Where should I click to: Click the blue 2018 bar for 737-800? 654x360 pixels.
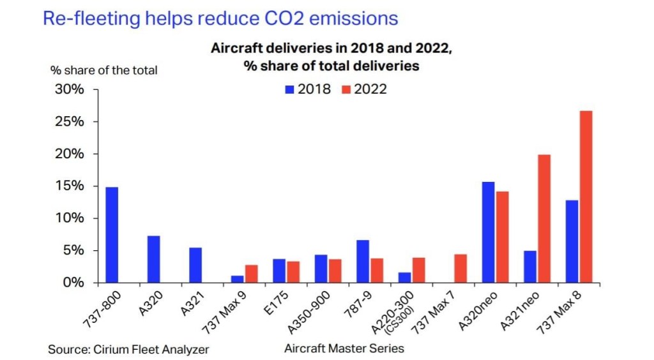[x=112, y=234]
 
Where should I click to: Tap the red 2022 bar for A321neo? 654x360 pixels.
[x=544, y=218]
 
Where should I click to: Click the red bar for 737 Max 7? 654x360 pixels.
[x=460, y=268]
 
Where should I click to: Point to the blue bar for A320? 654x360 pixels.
[x=153, y=259]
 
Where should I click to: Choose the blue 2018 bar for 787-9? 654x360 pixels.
[x=363, y=261]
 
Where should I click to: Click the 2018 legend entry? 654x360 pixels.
[x=308, y=89]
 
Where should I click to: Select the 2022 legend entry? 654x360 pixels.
[x=363, y=89]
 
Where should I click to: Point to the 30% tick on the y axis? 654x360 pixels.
[x=68, y=89]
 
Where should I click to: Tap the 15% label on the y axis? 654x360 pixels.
[x=68, y=186]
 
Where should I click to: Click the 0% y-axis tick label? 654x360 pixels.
[x=73, y=282]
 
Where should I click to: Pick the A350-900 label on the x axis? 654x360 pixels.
[x=313, y=309]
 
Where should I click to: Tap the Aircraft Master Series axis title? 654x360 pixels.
[x=344, y=349]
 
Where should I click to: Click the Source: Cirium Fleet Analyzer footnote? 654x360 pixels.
[x=128, y=349]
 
